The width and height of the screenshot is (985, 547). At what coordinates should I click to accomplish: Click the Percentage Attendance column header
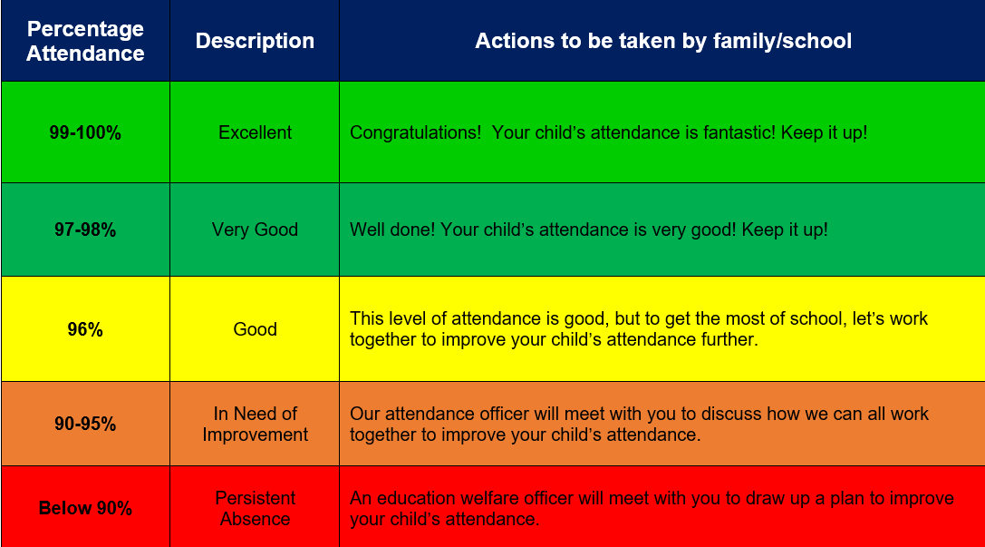coord(85,41)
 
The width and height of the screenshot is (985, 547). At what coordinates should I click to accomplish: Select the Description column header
coord(255,41)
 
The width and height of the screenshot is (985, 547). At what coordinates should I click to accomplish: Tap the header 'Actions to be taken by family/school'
coord(663,41)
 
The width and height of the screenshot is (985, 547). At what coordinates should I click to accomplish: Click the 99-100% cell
coord(85,132)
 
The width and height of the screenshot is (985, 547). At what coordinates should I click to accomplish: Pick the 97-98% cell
coord(85,230)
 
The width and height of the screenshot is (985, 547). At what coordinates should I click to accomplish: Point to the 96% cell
coord(85,329)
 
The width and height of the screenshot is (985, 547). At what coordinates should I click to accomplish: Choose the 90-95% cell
coord(85,424)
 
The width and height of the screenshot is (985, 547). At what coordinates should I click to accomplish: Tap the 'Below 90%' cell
coord(85,508)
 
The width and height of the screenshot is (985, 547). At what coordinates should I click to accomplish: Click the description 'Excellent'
coord(255,132)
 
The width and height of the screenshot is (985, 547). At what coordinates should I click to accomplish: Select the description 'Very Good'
coord(255,230)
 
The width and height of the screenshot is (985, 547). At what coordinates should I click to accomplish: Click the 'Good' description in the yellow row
coord(255,329)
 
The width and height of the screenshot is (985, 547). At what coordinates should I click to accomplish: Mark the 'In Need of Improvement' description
coord(255,424)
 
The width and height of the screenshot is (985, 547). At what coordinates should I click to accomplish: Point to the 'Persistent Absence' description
coord(255,508)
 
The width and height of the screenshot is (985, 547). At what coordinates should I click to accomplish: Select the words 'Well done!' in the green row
coord(392,230)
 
